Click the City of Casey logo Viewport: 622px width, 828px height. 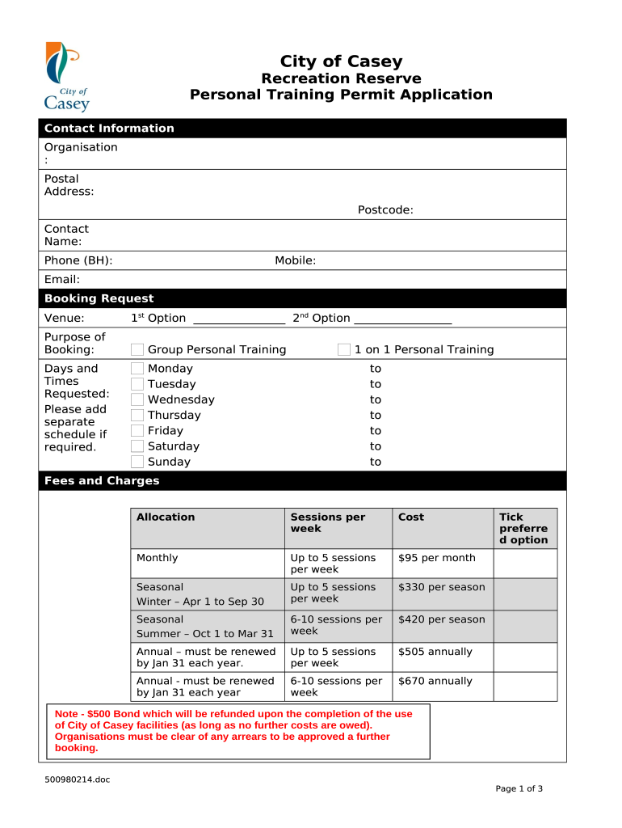click(x=67, y=77)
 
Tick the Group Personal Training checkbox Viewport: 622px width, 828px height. click(x=137, y=349)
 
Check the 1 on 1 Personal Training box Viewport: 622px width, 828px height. click(x=344, y=349)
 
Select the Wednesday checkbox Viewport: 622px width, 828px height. click(x=137, y=399)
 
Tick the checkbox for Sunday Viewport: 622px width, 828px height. click(x=137, y=462)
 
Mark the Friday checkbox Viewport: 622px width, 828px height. click(x=137, y=431)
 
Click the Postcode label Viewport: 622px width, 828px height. click(x=385, y=210)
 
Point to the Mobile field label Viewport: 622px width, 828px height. click(x=295, y=260)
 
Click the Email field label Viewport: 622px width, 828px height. click(x=62, y=280)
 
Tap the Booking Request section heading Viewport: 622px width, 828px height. click(x=99, y=298)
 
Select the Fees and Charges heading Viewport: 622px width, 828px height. click(x=102, y=481)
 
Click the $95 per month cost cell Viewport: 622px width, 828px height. click(x=436, y=558)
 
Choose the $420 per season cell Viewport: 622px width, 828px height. click(x=441, y=619)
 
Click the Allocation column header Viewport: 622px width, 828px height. click(x=166, y=517)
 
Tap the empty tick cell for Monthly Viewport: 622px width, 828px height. click(x=525, y=564)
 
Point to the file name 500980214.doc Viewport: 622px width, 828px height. click(x=78, y=779)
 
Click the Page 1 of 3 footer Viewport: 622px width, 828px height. click(x=519, y=789)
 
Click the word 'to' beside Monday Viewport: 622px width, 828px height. click(x=376, y=369)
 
